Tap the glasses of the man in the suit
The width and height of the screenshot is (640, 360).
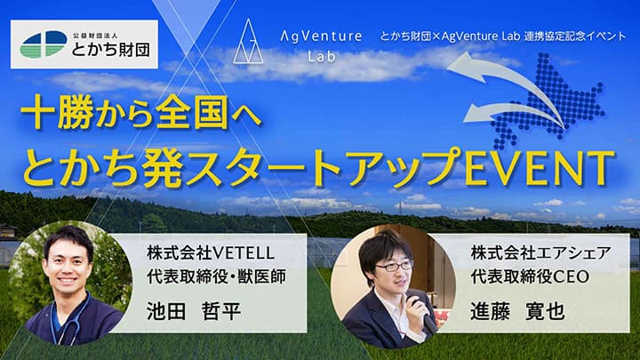[395, 265]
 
